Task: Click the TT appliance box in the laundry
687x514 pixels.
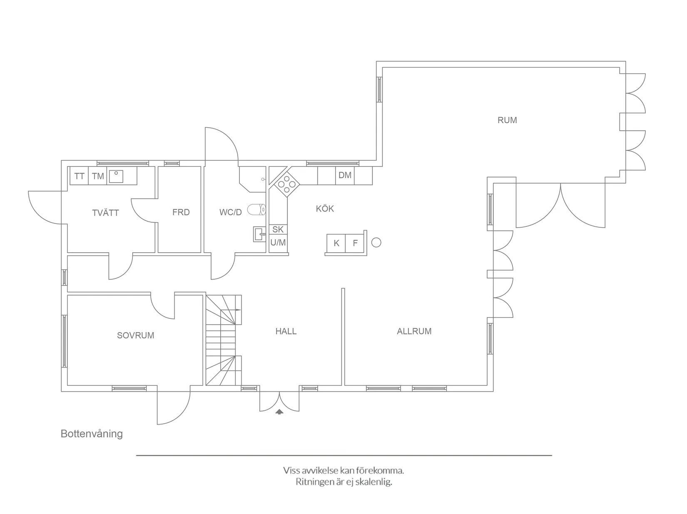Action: pyautogui.click(x=79, y=176)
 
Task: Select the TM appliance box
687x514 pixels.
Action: pyautogui.click(x=98, y=176)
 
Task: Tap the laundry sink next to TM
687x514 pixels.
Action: pyautogui.click(x=116, y=176)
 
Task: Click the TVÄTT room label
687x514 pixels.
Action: pyautogui.click(x=105, y=213)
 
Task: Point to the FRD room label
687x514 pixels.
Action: pyautogui.click(x=181, y=212)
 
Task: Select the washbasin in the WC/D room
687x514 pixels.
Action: pyautogui.click(x=259, y=234)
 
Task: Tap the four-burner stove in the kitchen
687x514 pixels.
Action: pyautogui.click(x=287, y=184)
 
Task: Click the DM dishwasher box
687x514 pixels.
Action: pyautogui.click(x=345, y=175)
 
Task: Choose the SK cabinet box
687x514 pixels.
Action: pyautogui.click(x=278, y=229)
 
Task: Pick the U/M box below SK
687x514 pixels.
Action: pyautogui.click(x=278, y=242)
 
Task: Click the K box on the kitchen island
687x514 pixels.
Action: pyautogui.click(x=336, y=243)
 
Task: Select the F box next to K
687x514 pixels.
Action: pyautogui.click(x=355, y=243)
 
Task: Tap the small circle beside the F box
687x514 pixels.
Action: pyautogui.click(x=376, y=242)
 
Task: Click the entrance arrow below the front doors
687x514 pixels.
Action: pyautogui.click(x=279, y=412)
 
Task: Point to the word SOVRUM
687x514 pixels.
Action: pyautogui.click(x=135, y=335)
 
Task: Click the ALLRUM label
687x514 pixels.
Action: pyautogui.click(x=414, y=331)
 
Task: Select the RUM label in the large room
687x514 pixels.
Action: pyautogui.click(x=507, y=120)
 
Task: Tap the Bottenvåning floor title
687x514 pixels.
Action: pyautogui.click(x=92, y=434)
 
